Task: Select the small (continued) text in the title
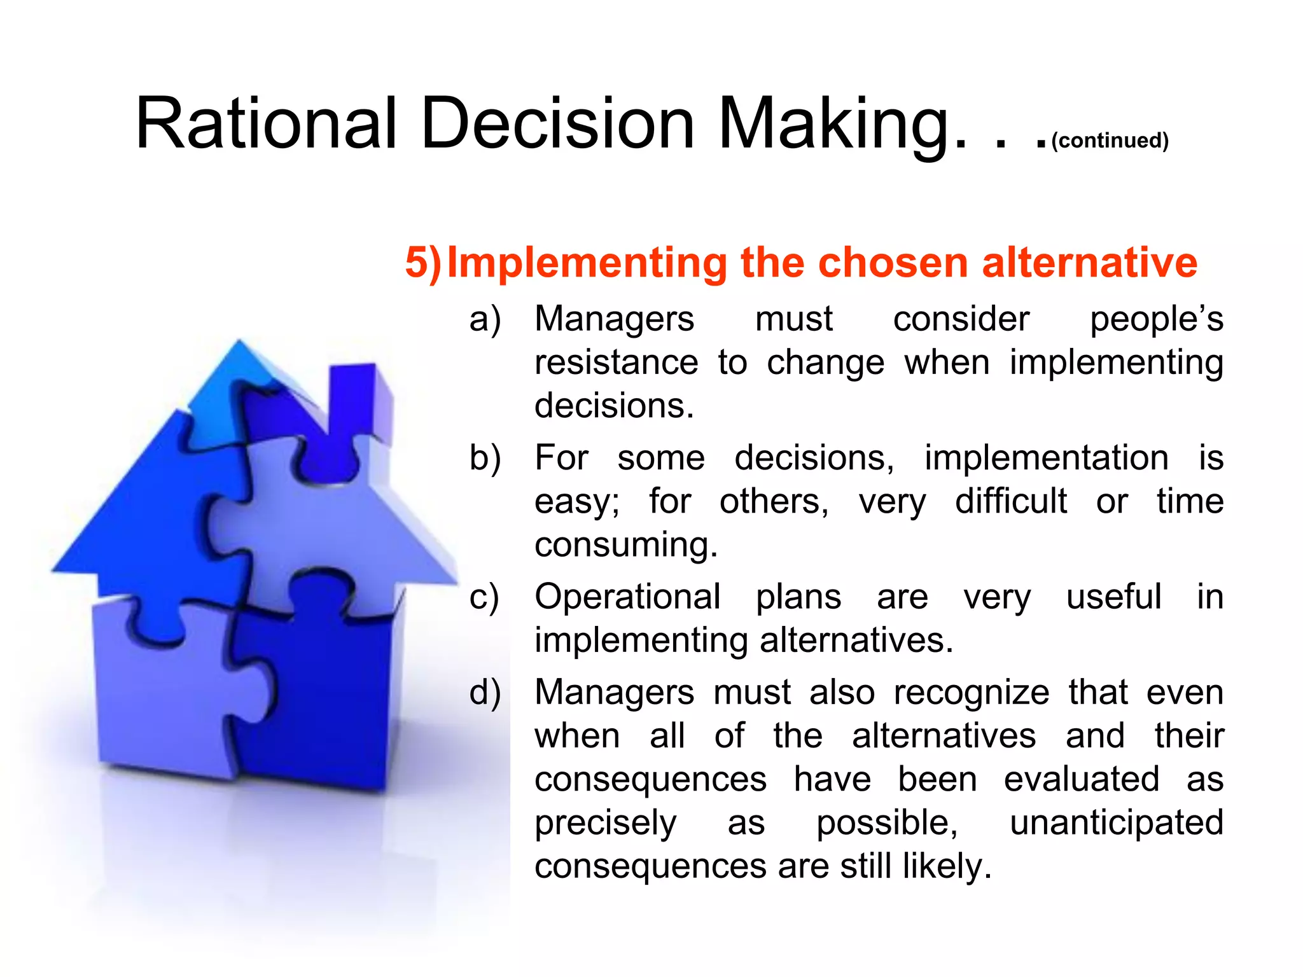(x=1110, y=141)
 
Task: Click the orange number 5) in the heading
(x=423, y=263)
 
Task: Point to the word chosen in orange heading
(x=896, y=263)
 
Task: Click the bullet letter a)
(x=485, y=319)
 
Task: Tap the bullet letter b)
(x=485, y=458)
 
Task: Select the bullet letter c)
(x=484, y=597)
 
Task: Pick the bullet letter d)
(x=485, y=693)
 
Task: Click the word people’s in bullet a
(x=1156, y=319)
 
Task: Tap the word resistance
(x=616, y=363)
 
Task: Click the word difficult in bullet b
(x=1010, y=501)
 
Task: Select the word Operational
(x=627, y=597)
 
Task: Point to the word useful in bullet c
(x=1113, y=597)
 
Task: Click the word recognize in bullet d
(x=971, y=693)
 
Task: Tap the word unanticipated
(x=1116, y=823)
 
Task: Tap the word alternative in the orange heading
(x=1089, y=263)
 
